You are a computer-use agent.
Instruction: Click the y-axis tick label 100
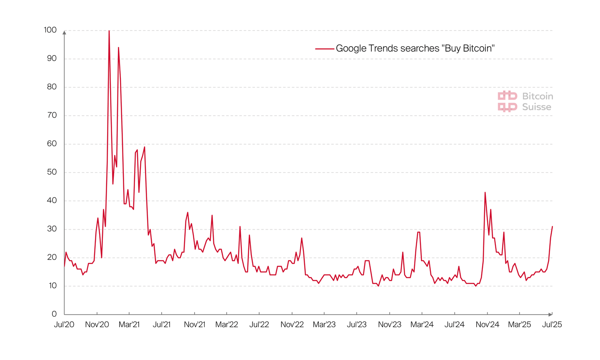50,30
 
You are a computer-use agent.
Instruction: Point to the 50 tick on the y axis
51,172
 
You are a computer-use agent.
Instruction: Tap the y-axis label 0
54,314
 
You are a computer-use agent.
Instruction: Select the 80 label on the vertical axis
51,87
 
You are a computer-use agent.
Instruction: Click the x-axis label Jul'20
64,325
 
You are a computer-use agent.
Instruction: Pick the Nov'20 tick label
97,325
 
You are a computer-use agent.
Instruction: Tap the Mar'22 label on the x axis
227,325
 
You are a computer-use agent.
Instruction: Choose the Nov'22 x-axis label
292,325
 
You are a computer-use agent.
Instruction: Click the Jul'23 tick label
357,325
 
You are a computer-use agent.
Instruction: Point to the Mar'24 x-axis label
422,325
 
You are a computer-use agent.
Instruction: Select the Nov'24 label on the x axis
487,325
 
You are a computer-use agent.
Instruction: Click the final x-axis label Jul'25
552,325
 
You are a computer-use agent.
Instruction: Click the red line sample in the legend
325,49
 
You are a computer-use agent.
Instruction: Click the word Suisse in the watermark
537,107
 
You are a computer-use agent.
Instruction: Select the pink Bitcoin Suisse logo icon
507,101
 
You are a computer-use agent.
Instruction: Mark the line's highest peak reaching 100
109,31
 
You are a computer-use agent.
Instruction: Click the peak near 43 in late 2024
485,192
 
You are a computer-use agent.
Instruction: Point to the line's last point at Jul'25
552,227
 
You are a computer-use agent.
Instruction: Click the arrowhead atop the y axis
64,32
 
